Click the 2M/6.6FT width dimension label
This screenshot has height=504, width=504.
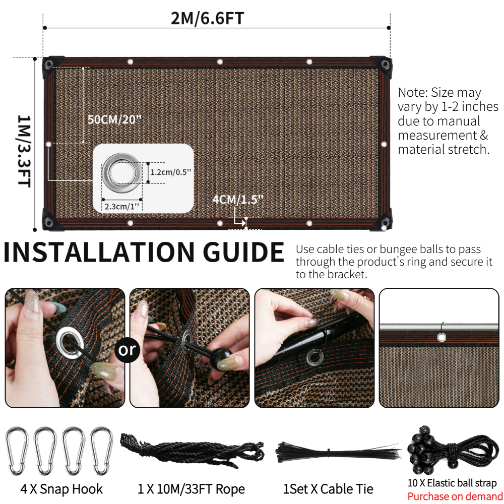(207, 18)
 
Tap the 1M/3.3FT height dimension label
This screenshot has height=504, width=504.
(24, 151)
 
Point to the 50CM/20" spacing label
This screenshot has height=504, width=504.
(114, 119)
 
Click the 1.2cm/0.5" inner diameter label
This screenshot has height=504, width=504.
(171, 172)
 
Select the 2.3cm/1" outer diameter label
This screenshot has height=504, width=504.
(122, 206)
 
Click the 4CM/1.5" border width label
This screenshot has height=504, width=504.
(238, 200)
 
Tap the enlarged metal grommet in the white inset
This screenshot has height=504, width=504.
(122, 173)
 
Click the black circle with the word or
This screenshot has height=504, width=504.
(128, 350)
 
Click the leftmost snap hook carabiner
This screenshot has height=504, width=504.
(17, 451)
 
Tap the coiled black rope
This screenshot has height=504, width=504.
(192, 450)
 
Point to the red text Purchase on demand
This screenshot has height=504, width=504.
(455, 496)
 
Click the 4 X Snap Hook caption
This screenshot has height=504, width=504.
(61, 489)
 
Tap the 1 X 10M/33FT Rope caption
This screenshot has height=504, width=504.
(191, 489)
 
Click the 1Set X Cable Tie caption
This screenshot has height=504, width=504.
(328, 489)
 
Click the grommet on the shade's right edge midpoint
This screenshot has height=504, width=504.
(384, 144)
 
